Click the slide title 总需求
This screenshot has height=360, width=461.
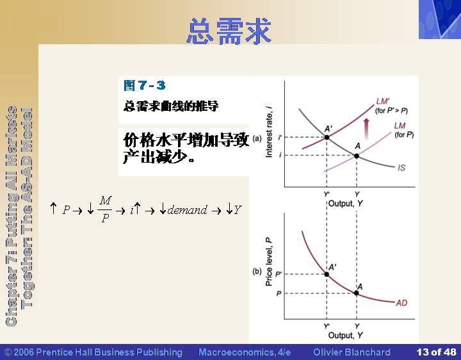coord(229,31)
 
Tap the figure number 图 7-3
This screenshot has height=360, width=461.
coord(144,85)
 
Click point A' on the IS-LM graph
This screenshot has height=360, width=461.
coord(327,137)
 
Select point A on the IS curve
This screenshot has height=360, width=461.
coord(357,156)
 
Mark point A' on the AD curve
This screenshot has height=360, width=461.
coord(327,274)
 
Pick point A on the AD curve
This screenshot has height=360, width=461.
coord(357,293)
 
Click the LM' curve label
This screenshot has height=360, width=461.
coord(383,101)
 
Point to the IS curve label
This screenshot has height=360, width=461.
coord(401,168)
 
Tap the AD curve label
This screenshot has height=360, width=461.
coord(401,302)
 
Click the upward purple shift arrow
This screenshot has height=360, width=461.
coord(366,129)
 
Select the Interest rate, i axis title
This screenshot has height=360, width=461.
coord(269,133)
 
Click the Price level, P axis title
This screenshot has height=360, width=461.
coord(269,261)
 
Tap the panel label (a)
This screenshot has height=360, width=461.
coord(257,138)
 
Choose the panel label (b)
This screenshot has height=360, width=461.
coord(257,271)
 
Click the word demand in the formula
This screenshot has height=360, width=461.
coord(187,209)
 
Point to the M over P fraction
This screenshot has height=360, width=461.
coord(105,209)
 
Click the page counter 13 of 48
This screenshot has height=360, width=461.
coord(436,352)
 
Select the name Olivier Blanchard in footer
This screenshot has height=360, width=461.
coord(352,352)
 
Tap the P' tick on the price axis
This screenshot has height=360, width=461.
coord(279,274)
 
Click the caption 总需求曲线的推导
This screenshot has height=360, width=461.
coord(171,106)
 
